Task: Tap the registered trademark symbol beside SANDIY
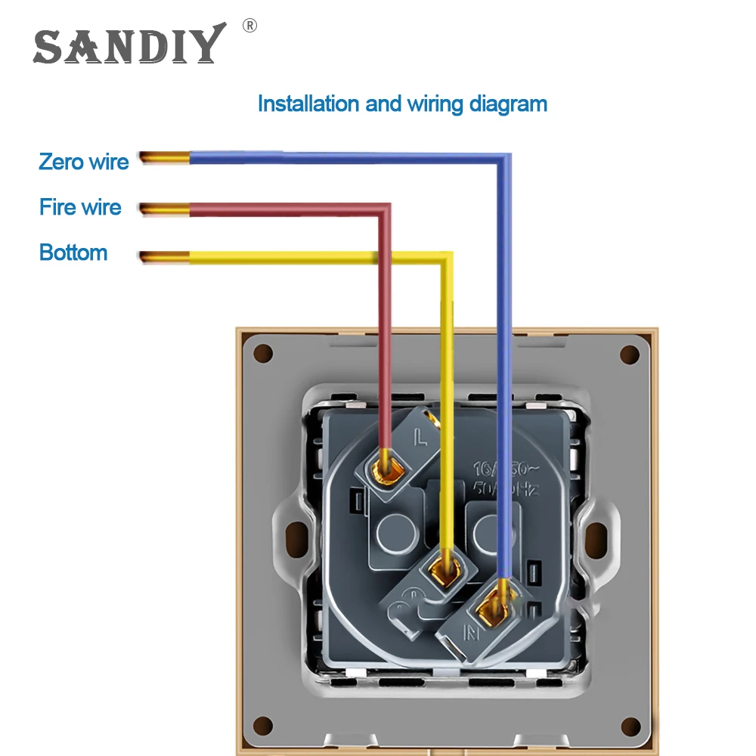coord(249,26)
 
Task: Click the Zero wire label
coord(84,161)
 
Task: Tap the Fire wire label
coord(80,207)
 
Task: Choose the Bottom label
coord(73,253)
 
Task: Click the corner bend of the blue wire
coord(502,160)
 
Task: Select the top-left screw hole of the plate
coord(263,353)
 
